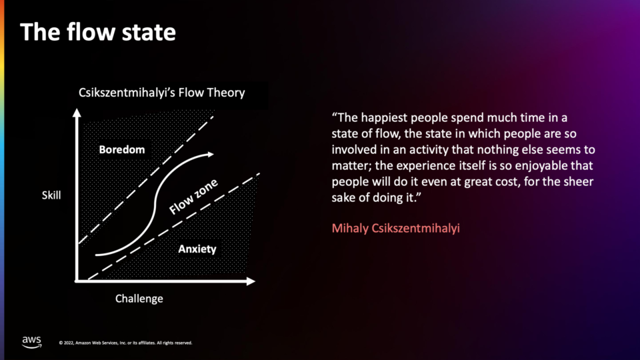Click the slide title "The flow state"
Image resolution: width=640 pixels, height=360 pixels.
click(98, 32)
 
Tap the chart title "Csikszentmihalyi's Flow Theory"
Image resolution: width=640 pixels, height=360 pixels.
click(161, 93)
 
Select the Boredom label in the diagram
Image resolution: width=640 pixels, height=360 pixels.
click(121, 150)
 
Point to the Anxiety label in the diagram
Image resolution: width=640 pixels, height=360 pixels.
click(197, 249)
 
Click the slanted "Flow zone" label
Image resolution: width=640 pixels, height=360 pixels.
click(193, 196)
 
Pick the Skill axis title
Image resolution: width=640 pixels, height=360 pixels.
click(51, 195)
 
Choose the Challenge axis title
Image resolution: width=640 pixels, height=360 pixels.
click(139, 299)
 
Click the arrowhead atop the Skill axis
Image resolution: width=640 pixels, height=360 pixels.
click(77, 113)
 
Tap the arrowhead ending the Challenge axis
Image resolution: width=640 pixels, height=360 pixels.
click(251, 281)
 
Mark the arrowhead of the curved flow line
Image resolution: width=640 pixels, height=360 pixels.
click(211, 154)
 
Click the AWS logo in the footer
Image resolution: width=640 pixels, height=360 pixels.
click(31, 342)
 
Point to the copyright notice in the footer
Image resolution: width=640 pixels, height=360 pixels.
click(126, 343)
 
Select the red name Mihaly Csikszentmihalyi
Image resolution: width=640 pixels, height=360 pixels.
click(395, 228)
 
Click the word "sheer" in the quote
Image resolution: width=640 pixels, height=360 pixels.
click(579, 181)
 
